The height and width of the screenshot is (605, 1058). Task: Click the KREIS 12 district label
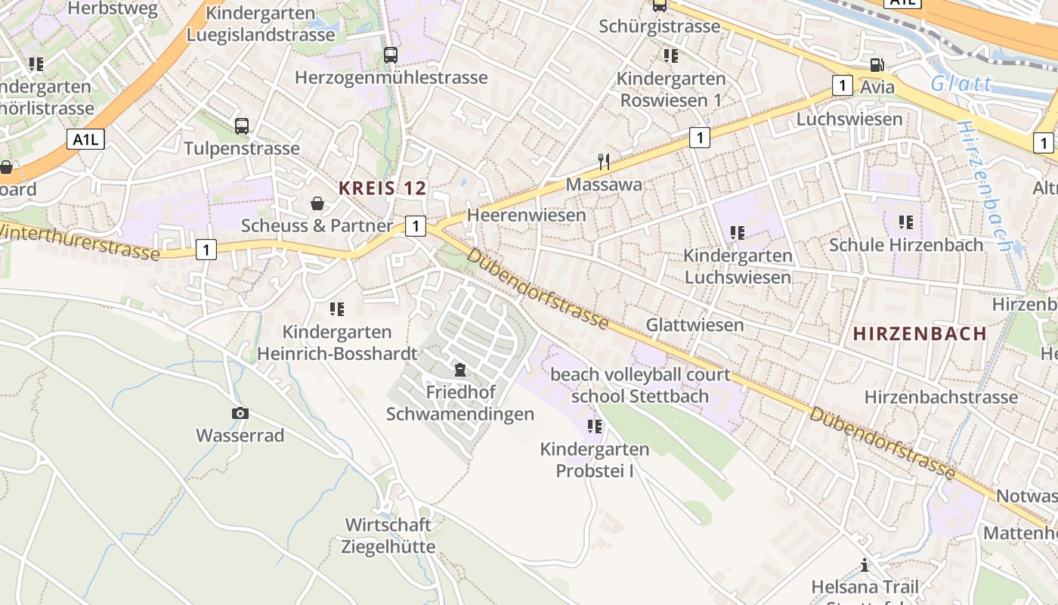382,188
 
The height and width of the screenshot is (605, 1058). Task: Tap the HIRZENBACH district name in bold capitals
920,334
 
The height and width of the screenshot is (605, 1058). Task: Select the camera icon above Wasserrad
240,413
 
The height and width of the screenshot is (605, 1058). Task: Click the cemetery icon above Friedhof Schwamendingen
459,370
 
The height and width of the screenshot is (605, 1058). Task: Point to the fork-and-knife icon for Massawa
603,161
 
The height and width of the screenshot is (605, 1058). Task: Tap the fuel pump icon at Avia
876,65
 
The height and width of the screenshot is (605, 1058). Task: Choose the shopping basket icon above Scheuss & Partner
317,203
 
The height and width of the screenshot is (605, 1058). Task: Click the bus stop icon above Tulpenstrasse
241,126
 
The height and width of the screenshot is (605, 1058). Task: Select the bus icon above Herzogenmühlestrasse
390,54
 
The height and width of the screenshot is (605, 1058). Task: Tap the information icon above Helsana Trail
865,565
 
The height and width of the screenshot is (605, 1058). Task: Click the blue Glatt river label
961,83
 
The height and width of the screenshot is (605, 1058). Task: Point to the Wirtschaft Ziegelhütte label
388,535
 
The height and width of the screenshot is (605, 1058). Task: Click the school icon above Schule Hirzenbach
905,222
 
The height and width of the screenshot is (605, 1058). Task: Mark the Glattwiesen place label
695,325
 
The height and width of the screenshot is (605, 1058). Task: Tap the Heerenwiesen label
526,216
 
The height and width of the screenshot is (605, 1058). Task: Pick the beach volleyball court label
640,374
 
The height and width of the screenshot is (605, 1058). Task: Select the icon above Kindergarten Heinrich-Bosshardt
336,309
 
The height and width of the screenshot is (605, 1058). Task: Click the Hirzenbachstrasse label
941,397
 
